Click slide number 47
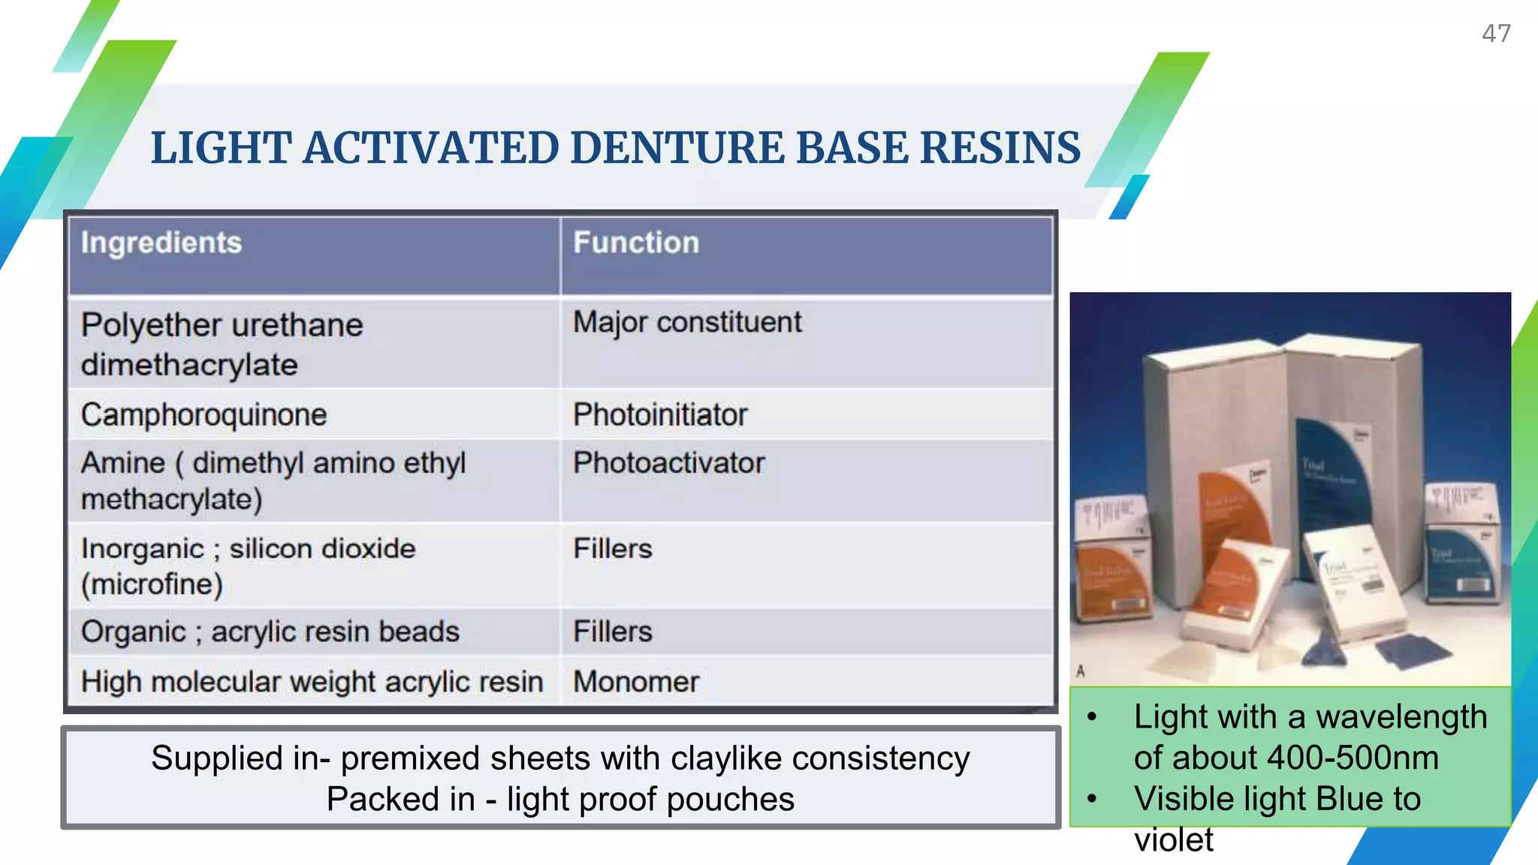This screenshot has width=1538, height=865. [x=1495, y=34]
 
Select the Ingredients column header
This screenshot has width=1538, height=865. [x=161, y=243]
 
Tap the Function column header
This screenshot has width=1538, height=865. [x=636, y=243]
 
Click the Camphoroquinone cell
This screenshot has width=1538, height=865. [x=204, y=415]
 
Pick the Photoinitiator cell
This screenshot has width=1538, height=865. [x=660, y=415]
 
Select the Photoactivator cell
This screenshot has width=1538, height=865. [x=668, y=463]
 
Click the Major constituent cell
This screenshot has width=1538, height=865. [x=687, y=323]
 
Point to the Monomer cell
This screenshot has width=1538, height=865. [x=635, y=682]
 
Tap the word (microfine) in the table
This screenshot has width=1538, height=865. [x=152, y=584]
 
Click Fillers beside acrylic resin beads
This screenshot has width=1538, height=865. [x=612, y=631]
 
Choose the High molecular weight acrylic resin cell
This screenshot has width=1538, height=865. [x=312, y=682]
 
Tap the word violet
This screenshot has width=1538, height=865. [x=1173, y=839]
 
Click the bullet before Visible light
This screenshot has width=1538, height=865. [x=1092, y=799]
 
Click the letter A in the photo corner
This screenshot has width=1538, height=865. [x=1081, y=671]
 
